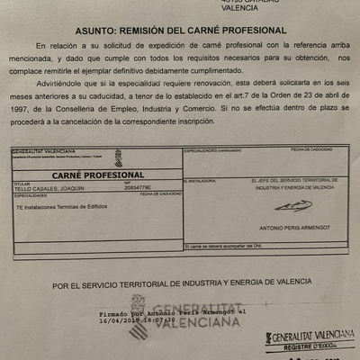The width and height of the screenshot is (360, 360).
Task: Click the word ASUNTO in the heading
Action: tap(91, 29)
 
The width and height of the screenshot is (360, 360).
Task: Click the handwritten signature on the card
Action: tap(292, 206)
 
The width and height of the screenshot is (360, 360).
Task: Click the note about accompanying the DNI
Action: tap(220, 246)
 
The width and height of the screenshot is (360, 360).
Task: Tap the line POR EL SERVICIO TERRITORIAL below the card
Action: tap(180, 286)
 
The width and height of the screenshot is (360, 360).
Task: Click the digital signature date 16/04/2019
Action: tap(118, 319)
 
